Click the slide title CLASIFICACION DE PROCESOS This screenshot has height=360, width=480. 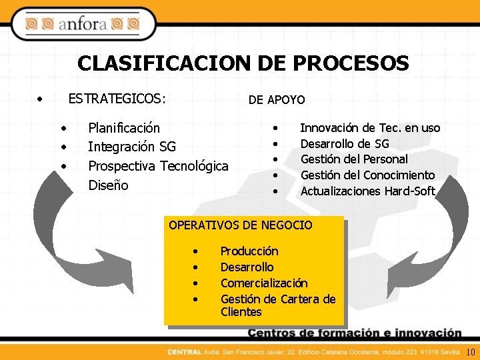tap(243, 63)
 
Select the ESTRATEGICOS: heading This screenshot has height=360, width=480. tap(117, 99)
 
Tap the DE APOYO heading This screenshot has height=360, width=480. tap(277, 100)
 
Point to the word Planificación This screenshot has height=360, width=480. tap(124, 127)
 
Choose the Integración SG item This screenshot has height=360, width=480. tap(132, 147)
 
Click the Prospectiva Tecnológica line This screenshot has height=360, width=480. tap(158, 166)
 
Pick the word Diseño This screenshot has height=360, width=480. tap(108, 185)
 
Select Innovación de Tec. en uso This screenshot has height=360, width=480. tap(370, 127)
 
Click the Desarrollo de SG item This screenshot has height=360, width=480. tap(345, 143)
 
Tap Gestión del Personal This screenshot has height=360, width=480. tap(354, 159)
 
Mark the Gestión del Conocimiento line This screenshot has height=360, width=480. tap(367, 175)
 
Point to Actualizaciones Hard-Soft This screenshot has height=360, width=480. tap(367, 191)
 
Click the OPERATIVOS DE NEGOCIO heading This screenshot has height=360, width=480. tap(240, 225)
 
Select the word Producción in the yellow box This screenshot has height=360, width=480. tap(249, 251)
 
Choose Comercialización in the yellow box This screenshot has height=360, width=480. tap(264, 283)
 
